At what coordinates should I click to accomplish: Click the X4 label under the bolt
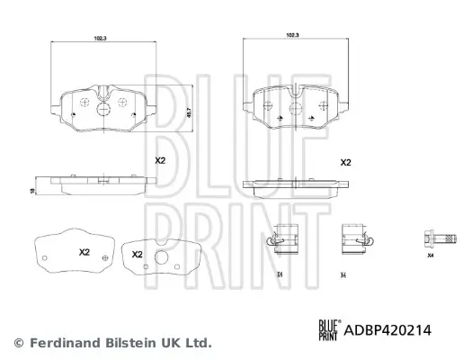(x=431, y=257)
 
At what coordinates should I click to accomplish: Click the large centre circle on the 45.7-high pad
(x=102, y=104)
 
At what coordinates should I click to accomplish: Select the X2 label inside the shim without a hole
(x=85, y=251)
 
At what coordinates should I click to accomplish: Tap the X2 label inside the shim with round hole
(x=138, y=255)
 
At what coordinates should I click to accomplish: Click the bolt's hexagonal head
(x=423, y=238)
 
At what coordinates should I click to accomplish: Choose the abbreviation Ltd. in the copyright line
(x=199, y=343)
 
